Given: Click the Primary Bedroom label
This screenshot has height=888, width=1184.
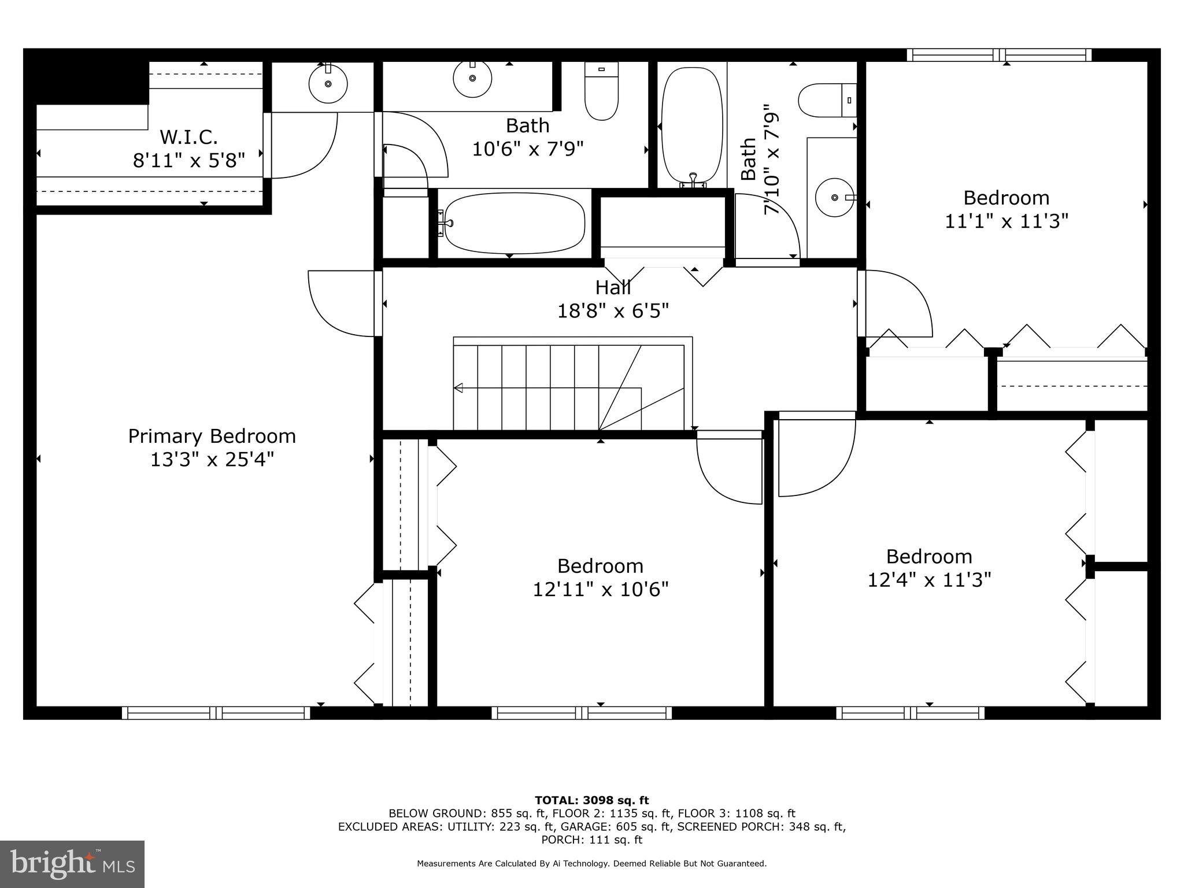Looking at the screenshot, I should coord(212,436).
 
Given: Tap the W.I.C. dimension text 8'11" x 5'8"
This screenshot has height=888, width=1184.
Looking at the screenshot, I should coord(189,160).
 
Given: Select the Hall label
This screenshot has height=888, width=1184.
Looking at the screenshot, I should coord(613,287).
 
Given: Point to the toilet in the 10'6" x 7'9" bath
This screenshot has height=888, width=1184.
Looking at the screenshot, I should coord(601,91).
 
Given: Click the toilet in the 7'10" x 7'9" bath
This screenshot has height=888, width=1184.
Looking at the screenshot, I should coord(827,100).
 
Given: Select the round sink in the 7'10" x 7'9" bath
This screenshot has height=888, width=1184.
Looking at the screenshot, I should coord(834,197).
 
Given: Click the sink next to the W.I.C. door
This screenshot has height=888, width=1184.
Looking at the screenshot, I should coord(328,84).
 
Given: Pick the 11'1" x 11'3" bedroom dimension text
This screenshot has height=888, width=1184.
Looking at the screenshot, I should coord(1006,221).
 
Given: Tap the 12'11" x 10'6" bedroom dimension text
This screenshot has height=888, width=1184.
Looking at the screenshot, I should coord(600,590).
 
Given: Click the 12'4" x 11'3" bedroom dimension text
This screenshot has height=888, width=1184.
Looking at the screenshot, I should coord(929,580).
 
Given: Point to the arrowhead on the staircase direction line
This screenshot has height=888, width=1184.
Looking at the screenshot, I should coord(458,388).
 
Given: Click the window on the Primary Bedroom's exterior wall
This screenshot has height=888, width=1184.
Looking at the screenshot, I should coord(216,713).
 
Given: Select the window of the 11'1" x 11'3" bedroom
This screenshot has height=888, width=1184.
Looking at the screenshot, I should coord(998,55).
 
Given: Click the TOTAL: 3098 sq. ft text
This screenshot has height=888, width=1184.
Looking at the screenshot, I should coord(591,801).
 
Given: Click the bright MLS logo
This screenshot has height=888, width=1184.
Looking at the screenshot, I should coord(72,864).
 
